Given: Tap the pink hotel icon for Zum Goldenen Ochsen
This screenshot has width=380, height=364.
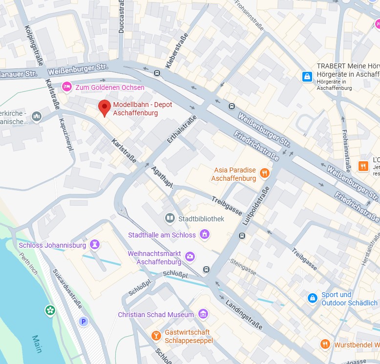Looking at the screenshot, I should click(x=67, y=87).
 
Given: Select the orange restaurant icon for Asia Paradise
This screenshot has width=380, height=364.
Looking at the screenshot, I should click(x=264, y=173).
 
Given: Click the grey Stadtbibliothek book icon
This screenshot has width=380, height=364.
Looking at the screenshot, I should click(x=170, y=218).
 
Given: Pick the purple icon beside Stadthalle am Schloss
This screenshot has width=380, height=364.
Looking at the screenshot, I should click(x=205, y=235).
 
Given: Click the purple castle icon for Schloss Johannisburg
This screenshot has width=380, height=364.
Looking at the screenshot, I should click(x=95, y=244).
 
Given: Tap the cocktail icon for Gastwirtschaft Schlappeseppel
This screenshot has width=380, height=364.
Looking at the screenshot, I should click(x=156, y=336).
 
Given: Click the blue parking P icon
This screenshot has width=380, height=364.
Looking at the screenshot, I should click(x=84, y=321).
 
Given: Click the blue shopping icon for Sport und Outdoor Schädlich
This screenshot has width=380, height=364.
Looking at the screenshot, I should click(x=313, y=298).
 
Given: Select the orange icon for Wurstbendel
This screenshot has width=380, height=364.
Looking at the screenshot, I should click(x=325, y=344).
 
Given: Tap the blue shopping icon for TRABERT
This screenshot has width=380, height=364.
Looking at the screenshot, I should click(x=307, y=76).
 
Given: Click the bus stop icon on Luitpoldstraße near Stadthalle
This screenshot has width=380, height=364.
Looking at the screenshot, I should click(x=242, y=236).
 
